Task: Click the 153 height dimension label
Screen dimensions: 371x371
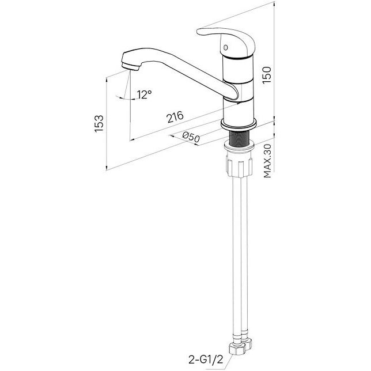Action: click(99, 123)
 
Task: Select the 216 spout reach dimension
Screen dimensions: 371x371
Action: click(175, 117)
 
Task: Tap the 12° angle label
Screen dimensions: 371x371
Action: click(144, 94)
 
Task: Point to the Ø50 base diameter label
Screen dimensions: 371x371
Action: click(191, 137)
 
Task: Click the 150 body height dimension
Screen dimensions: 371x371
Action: click(267, 75)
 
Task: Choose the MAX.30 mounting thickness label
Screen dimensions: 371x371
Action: click(267, 161)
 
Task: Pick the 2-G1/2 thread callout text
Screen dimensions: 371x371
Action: click(206, 360)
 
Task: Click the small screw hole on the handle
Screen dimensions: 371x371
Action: click(225, 47)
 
